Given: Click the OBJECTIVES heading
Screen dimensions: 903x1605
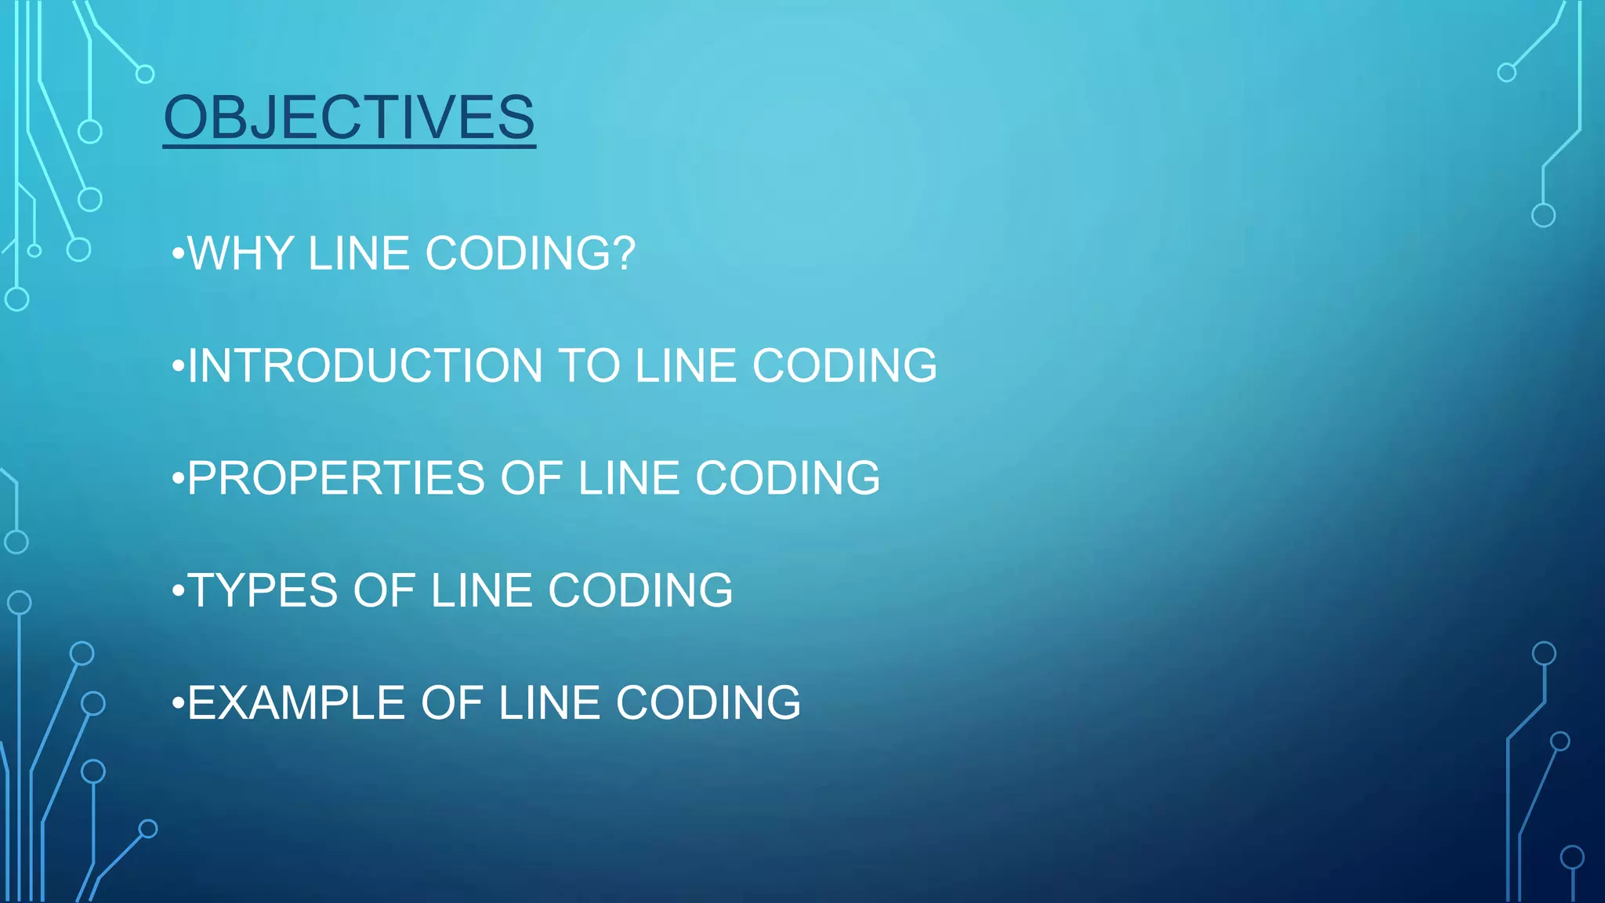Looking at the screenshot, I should tap(350, 118).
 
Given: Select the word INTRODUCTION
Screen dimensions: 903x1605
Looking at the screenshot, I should tap(365, 366).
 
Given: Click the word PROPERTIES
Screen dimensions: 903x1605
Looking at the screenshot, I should tap(336, 478).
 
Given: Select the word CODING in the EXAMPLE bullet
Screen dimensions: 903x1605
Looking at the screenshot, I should tap(708, 702).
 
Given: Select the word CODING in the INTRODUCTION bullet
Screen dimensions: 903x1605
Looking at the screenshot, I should tap(845, 366).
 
